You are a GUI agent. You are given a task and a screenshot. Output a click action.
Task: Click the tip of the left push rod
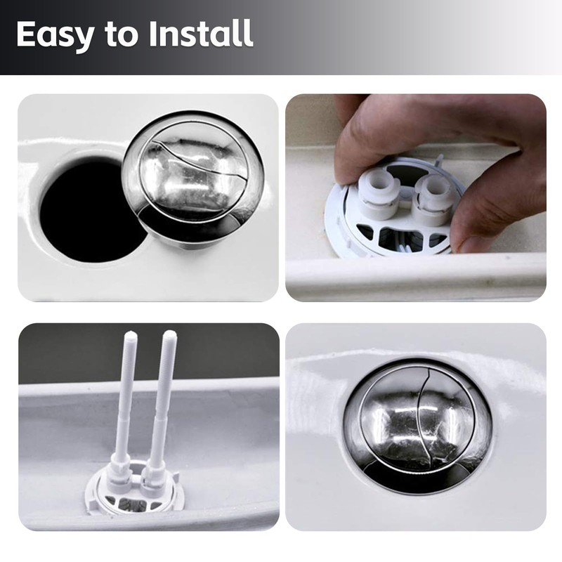click(131, 336)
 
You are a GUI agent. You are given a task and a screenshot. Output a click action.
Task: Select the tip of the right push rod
click(169, 336)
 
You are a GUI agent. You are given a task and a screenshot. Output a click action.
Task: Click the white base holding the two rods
click(133, 488)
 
